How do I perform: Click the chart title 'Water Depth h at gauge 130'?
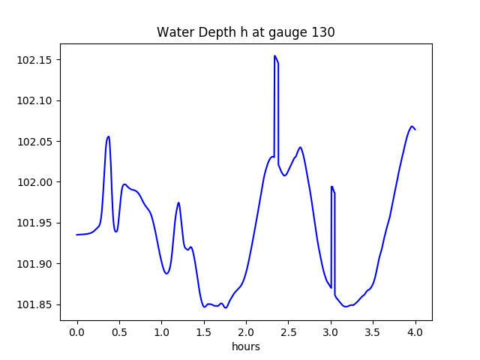tap(245, 32)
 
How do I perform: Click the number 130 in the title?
tap(324, 32)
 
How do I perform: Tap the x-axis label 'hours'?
tap(246, 347)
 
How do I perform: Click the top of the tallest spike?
tap(275, 55)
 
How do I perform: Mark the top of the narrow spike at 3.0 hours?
tap(331, 187)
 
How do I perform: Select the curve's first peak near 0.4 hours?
tap(109, 136)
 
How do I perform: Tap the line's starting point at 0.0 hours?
tap(77, 235)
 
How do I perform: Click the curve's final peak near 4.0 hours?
tap(412, 126)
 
